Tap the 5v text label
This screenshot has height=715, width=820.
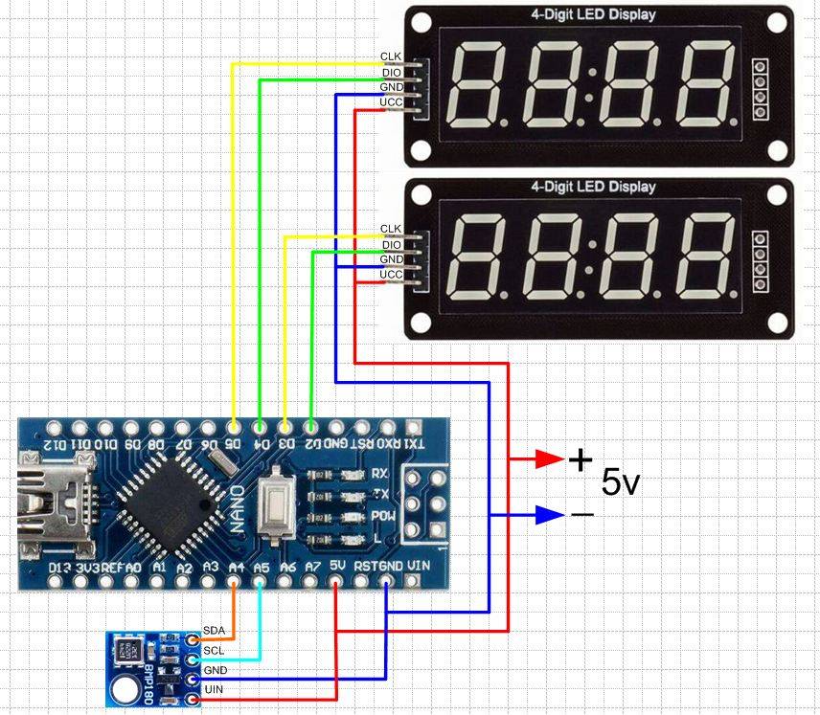620,483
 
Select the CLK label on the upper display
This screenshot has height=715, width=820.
391,56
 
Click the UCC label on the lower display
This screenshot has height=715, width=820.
391,275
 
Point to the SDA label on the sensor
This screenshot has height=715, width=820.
215,633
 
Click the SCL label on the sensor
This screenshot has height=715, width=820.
215,651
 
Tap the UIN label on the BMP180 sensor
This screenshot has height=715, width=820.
215,689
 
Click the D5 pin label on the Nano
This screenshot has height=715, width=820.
233,443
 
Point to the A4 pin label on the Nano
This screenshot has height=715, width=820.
236,568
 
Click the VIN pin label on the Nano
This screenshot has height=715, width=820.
418,566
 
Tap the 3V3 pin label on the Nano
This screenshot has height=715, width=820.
88,568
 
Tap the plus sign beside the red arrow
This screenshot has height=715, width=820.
581,460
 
